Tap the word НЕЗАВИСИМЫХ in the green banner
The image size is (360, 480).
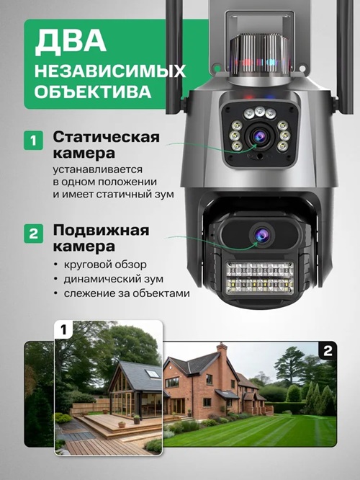point(110,71)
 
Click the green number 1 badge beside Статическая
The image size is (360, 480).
point(33,139)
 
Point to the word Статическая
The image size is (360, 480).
point(106,137)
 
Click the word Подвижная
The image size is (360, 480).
point(101,231)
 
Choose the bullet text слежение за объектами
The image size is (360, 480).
point(130,293)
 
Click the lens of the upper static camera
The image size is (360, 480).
point(258,135)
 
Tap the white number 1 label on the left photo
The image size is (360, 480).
point(63,331)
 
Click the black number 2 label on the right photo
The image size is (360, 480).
point(327,351)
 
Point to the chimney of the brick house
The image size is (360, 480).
point(222,353)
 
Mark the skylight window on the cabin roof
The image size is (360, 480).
point(153,374)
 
